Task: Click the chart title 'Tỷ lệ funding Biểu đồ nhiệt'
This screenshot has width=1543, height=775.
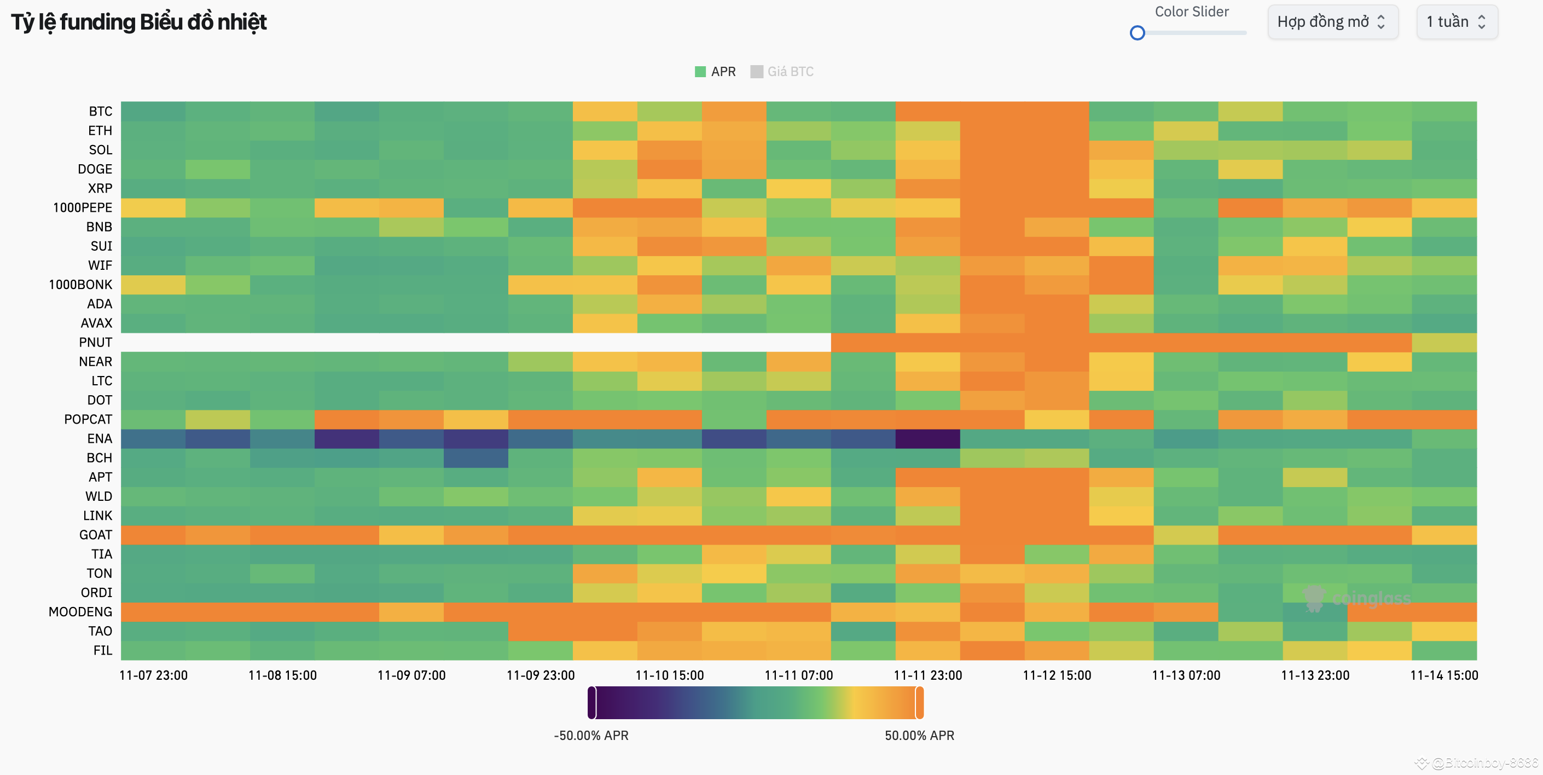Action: (139, 22)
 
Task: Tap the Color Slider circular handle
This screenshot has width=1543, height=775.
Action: (1137, 33)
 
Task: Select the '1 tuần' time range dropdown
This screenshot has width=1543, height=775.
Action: (1456, 22)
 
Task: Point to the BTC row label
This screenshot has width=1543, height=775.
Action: (100, 112)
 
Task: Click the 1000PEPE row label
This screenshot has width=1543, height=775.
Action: (82, 207)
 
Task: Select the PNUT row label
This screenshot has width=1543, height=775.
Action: (95, 342)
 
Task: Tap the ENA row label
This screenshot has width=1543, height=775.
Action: (100, 439)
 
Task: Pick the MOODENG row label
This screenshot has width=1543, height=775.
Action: (80, 612)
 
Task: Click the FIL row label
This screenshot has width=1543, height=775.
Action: (102, 650)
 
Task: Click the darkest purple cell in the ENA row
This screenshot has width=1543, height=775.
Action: (927, 439)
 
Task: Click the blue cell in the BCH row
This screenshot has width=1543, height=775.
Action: (475, 458)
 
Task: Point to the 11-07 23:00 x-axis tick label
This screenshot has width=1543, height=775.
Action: (153, 675)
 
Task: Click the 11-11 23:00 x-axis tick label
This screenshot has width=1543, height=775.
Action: (927, 675)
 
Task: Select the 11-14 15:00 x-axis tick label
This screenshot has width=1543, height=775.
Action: (1443, 675)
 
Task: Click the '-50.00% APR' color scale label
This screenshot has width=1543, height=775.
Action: (590, 736)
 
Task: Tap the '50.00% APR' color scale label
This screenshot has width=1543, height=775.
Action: (919, 736)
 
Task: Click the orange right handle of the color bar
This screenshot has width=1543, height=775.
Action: (919, 702)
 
